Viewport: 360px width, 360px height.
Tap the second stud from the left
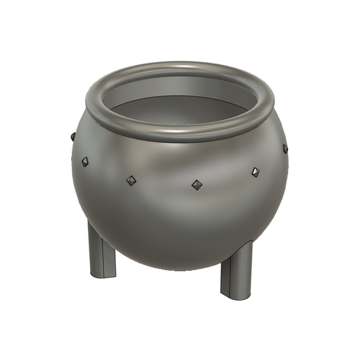pyautogui.click(x=84, y=161)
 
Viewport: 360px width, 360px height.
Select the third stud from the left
pyautogui.click(x=130, y=181)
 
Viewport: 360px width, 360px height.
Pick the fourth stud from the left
pyautogui.click(x=197, y=185)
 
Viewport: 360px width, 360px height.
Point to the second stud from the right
pyautogui.click(x=255, y=171)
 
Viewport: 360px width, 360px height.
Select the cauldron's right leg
pyautogui.click(x=236, y=269)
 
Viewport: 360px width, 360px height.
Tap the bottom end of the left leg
pyautogui.click(x=102, y=277)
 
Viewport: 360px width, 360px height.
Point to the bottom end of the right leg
pyautogui.click(x=235, y=296)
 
